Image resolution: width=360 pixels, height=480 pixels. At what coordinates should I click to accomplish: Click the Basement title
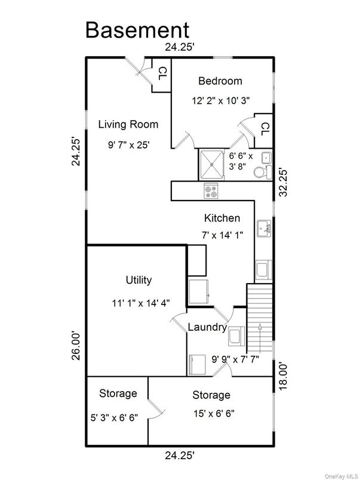point(137,29)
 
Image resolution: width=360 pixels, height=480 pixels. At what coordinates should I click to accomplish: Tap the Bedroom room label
point(220,81)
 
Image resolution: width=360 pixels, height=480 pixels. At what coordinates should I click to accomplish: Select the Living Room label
point(128,124)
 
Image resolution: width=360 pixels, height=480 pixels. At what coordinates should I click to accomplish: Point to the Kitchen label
point(222,218)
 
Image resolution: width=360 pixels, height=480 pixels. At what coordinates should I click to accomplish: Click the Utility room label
point(139,279)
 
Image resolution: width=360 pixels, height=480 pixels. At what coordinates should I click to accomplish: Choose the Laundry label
point(207,327)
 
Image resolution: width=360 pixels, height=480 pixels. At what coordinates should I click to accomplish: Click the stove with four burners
point(211,192)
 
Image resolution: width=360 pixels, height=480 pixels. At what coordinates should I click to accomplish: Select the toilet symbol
point(261,173)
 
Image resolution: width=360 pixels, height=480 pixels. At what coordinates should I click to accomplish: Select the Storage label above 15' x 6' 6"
point(211,395)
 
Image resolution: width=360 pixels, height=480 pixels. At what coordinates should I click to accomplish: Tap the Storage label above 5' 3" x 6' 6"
point(118,393)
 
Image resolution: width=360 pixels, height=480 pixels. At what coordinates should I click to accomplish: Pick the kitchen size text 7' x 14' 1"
point(222,235)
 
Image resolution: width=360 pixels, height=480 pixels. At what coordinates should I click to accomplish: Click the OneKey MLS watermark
point(340,475)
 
